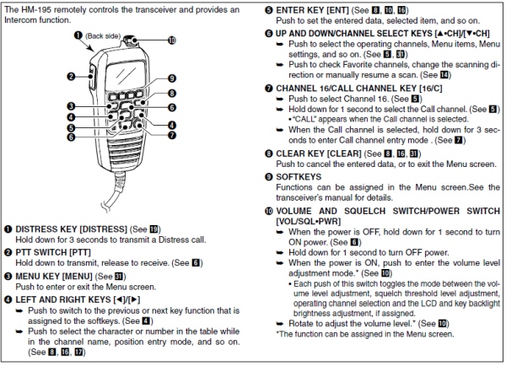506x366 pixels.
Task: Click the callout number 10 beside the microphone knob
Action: point(174,40)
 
